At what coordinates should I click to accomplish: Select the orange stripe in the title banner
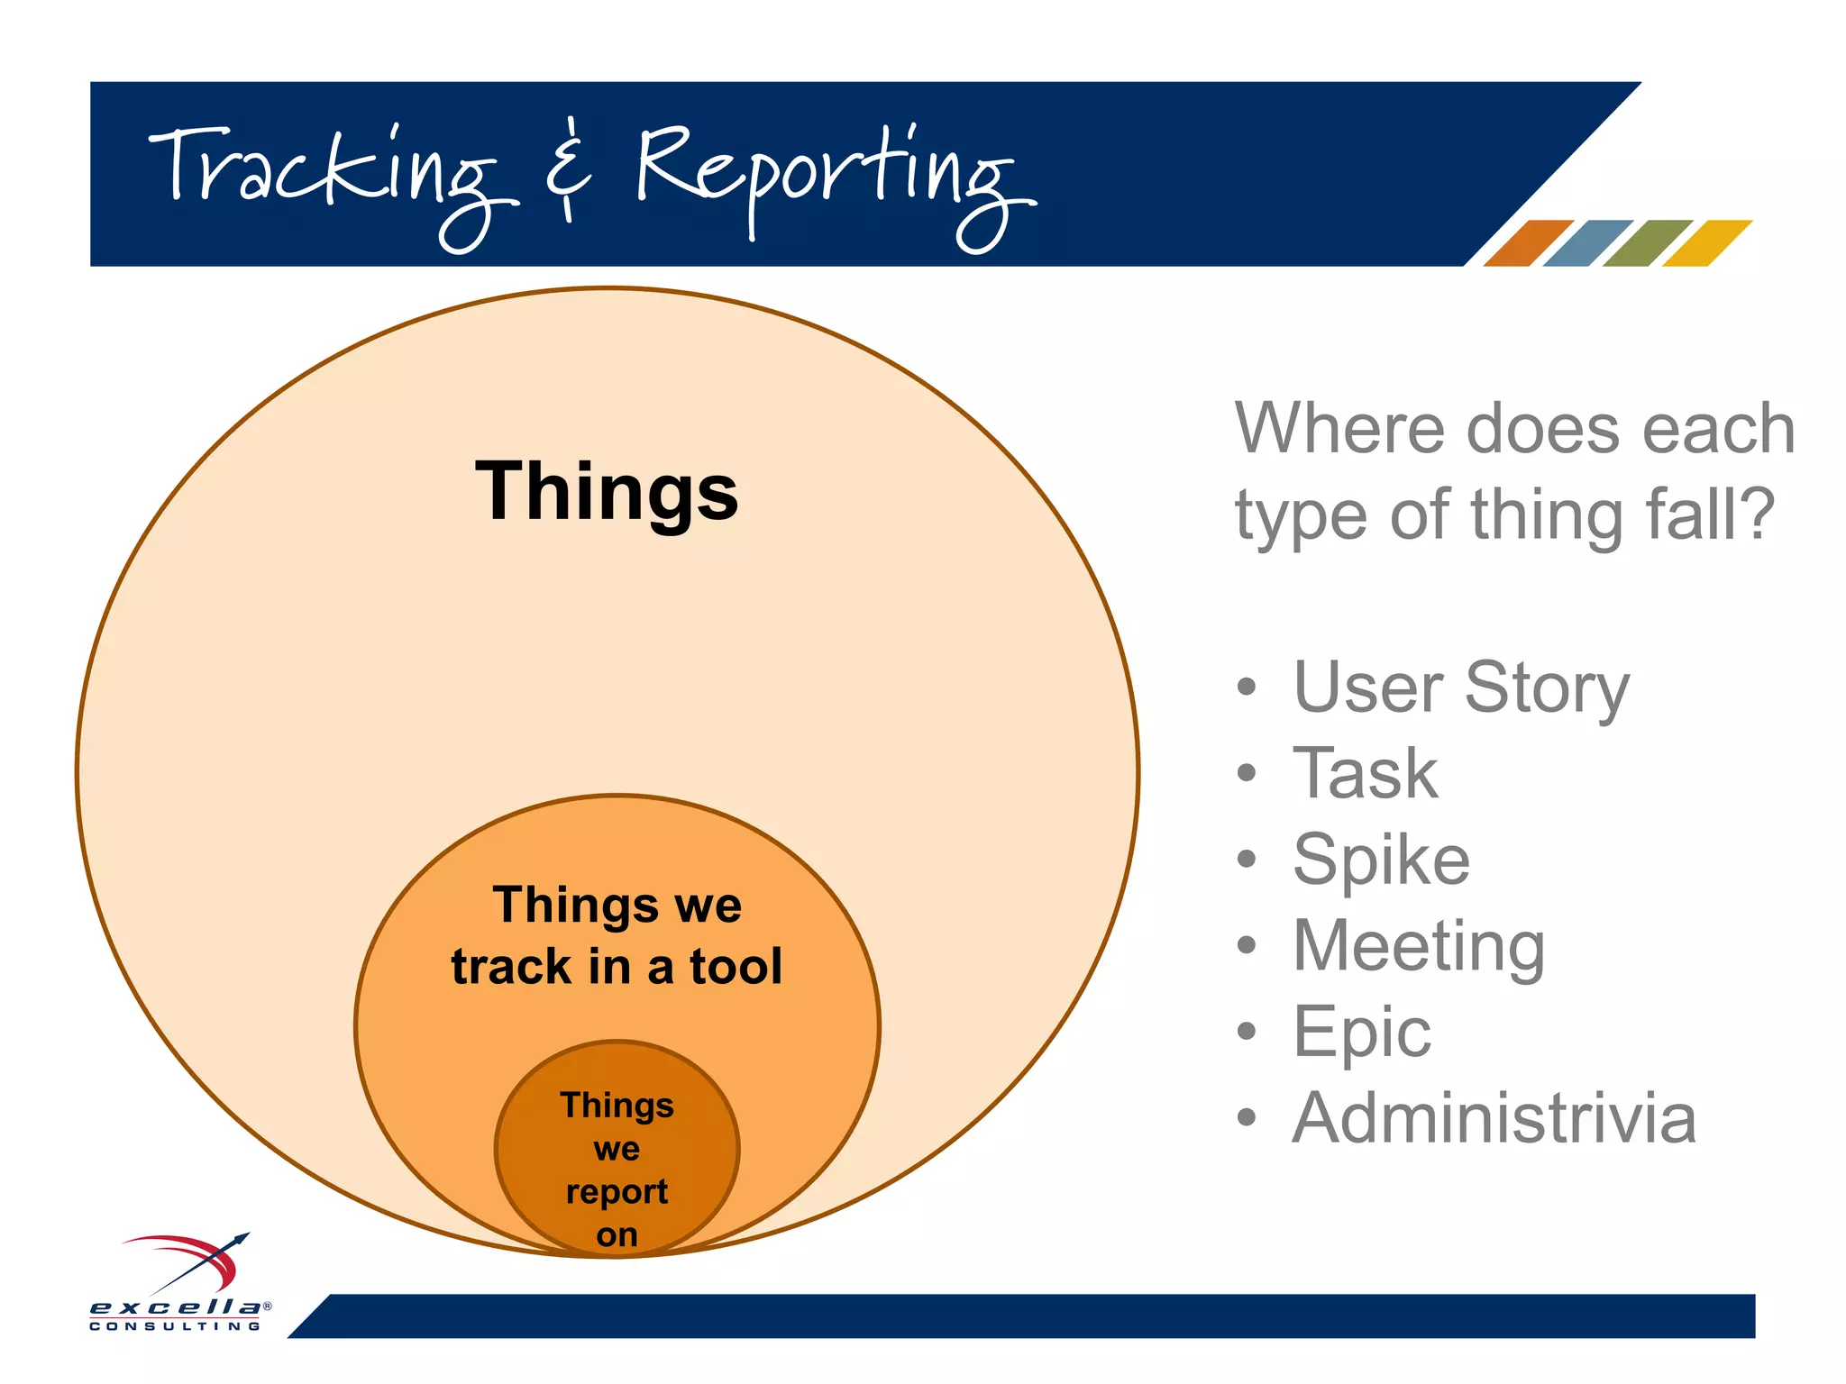(1527, 243)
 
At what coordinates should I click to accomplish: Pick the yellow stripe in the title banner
(1706, 243)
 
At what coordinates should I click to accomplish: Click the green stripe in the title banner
(1647, 243)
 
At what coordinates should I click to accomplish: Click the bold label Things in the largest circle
(606, 492)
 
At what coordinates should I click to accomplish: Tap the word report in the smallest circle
(617, 1191)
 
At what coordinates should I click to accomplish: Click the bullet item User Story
(1460, 687)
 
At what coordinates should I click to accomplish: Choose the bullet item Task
(1365, 773)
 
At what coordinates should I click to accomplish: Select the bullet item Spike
(1381, 860)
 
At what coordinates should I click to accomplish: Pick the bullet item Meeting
(1419, 945)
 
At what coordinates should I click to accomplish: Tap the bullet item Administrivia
(1494, 1118)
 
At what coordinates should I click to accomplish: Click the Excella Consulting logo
(180, 1283)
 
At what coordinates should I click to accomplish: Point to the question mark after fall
(1758, 514)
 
